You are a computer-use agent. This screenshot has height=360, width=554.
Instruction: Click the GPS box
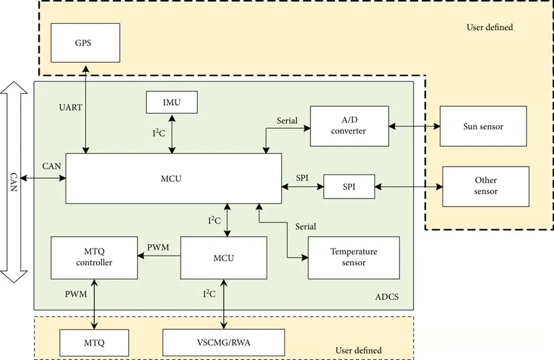click(x=85, y=42)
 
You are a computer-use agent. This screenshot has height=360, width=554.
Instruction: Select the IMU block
click(x=172, y=102)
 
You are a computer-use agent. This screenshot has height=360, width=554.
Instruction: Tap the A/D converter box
click(x=349, y=126)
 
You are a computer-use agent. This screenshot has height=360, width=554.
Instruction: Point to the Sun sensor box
click(x=483, y=126)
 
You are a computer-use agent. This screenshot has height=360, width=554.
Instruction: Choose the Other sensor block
click(x=485, y=186)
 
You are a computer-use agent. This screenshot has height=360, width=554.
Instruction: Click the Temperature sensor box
click(x=354, y=257)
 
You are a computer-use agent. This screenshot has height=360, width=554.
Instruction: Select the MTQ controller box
click(x=94, y=258)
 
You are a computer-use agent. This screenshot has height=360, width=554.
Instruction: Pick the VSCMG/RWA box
click(x=224, y=342)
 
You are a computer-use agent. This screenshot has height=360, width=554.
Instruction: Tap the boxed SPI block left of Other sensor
click(x=348, y=187)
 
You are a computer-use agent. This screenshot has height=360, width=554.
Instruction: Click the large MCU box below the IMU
click(x=173, y=179)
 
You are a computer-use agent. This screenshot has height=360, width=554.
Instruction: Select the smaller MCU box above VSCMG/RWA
click(x=224, y=258)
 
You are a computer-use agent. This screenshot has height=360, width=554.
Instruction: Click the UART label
click(x=70, y=108)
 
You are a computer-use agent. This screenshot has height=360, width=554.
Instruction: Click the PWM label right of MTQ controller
click(x=158, y=247)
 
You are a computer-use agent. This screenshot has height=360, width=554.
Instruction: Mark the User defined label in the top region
click(x=489, y=28)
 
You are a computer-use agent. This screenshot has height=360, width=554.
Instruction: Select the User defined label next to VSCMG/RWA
click(x=358, y=350)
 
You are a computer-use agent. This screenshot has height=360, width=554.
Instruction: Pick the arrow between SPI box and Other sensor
click(x=408, y=187)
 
